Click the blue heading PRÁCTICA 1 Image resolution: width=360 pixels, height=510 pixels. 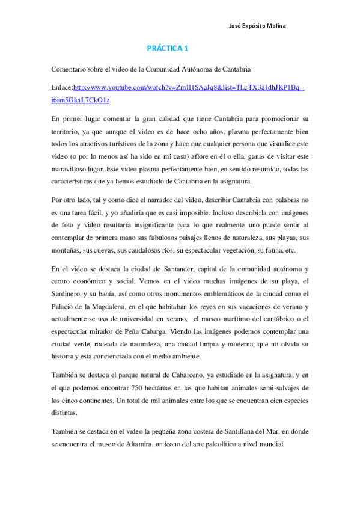point(168,48)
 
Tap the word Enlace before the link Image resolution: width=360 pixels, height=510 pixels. point(61,87)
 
